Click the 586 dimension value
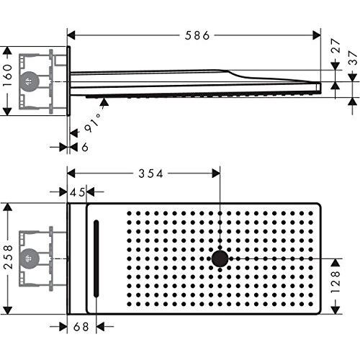(x=197, y=35)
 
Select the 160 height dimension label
(x=7, y=76)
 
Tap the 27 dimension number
(x=336, y=45)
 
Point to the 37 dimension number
(x=353, y=58)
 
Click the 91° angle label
(x=93, y=122)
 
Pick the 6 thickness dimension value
(x=85, y=147)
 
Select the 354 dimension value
(x=150, y=174)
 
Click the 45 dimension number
(x=78, y=192)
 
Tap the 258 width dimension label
(x=8, y=257)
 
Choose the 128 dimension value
(x=336, y=282)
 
